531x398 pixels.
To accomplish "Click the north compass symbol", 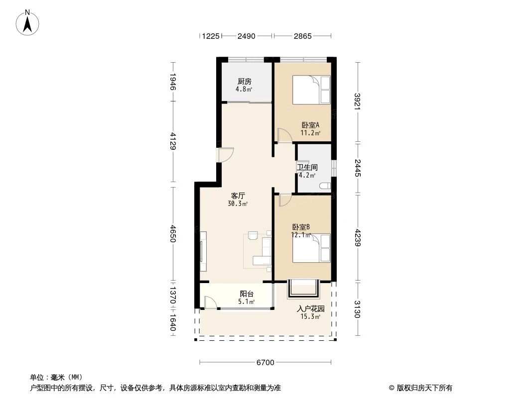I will coord(28,22).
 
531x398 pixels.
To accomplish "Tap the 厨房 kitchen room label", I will coord(244,82).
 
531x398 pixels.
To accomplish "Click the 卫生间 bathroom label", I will coord(307,168).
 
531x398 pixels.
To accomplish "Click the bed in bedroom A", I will coord(311,90).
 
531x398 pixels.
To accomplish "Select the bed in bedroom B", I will coord(311,248).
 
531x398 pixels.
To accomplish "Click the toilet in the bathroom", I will coord(324,187).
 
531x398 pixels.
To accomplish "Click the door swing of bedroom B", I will coord(285,200).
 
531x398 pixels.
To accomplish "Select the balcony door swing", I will coord(210,302).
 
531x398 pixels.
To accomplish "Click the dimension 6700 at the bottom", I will coord(265,363).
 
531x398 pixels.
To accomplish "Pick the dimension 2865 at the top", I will coord(302,36).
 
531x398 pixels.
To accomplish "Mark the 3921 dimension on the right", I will coord(358,102).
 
